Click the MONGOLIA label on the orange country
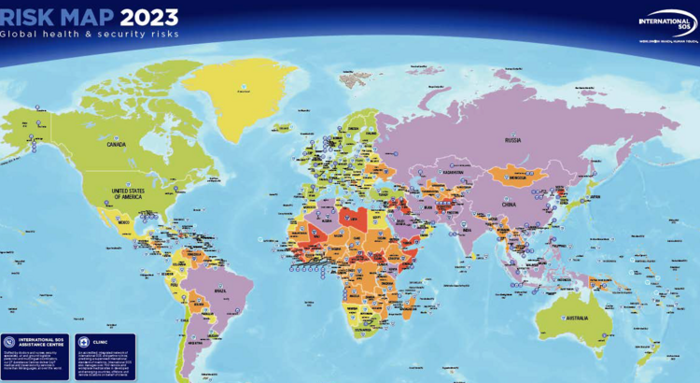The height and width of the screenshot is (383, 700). (511, 176)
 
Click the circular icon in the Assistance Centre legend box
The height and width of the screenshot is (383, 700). (10, 343)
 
